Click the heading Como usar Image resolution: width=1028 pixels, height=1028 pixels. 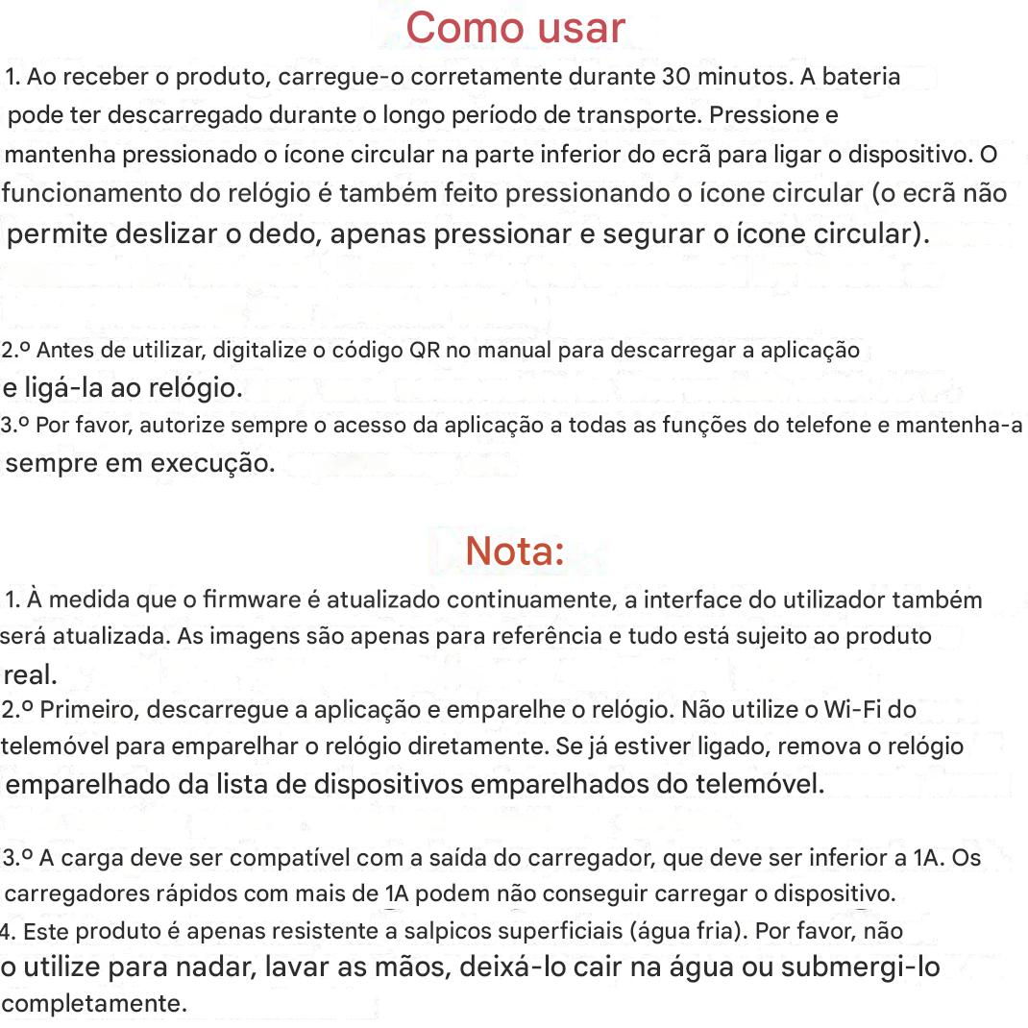pos(515,28)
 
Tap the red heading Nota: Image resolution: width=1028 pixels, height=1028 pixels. pos(514,551)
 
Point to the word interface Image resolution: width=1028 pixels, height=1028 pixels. pos(683,600)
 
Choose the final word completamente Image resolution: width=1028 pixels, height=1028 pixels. pos(94,1004)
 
